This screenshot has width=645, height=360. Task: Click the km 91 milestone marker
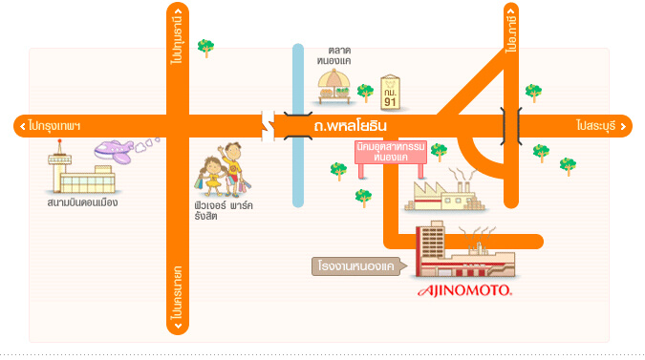coord(390,92)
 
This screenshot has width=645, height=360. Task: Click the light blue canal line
coord(298,172)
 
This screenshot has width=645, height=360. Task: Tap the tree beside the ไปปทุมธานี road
coord(204,47)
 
